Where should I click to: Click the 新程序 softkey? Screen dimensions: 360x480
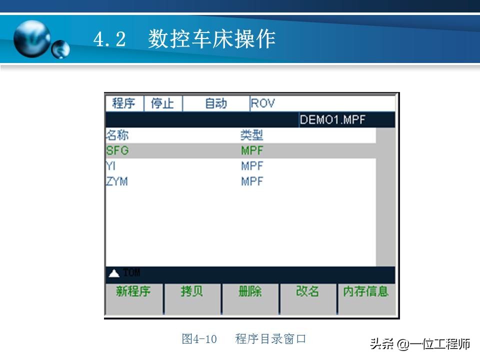[x=133, y=292]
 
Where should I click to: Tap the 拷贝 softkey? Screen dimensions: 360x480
[x=192, y=292]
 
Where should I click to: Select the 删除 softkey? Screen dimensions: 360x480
[x=250, y=292]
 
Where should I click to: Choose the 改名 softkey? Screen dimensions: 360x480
[x=307, y=292]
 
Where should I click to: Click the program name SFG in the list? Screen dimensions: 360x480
[x=117, y=150]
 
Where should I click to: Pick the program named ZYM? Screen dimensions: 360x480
[x=117, y=181]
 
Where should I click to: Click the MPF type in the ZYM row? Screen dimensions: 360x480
[x=252, y=181]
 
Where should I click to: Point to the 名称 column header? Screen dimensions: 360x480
[x=117, y=135]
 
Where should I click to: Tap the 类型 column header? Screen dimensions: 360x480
[x=252, y=135]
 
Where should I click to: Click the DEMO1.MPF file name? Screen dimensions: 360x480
[x=332, y=120]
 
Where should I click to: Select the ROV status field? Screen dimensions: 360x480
[x=263, y=103]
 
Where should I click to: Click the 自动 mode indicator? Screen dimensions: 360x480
[x=215, y=103]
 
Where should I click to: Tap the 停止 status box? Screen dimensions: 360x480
[x=162, y=103]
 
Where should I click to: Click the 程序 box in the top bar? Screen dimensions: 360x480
[x=124, y=103]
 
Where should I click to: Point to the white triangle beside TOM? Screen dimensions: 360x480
[x=114, y=273]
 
